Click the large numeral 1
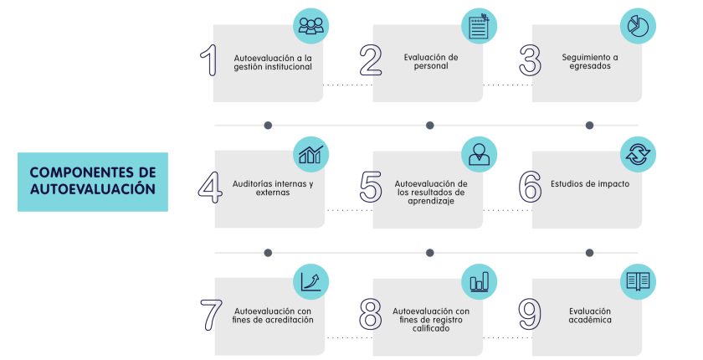coord(210,60)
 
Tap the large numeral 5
coord(371,187)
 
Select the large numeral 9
coord(530,314)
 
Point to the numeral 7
coord(211,315)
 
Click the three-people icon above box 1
coord(310,26)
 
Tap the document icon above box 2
coord(479,26)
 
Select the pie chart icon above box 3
coord(638,25)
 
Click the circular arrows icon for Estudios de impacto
coord(638,154)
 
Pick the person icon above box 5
coord(479,155)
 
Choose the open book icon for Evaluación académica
coord(638,281)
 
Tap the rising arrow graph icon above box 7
coord(310,281)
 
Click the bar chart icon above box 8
coord(479,282)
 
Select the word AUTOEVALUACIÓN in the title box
coord(93,188)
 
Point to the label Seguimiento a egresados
coord(590,61)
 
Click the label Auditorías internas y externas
coord(273,188)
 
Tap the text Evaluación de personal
coord(431,61)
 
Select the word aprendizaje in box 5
coord(431,201)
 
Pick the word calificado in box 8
coord(431,328)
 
